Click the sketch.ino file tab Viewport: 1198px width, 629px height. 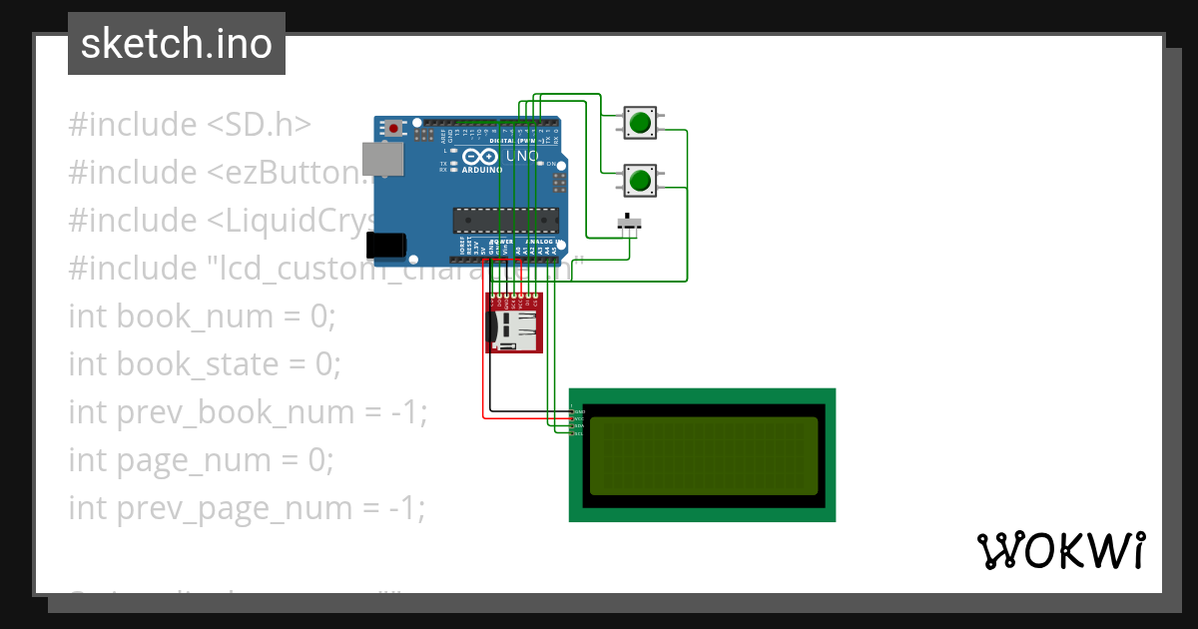(x=176, y=44)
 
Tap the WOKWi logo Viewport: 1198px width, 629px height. (x=1060, y=550)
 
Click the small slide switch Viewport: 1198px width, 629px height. (x=628, y=223)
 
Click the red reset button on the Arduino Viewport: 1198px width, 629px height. (x=395, y=128)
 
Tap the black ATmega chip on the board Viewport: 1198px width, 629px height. (x=498, y=219)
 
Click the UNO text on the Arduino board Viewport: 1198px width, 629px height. (x=522, y=157)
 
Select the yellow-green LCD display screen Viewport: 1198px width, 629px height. (x=703, y=456)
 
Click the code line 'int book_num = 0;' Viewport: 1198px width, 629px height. (x=203, y=316)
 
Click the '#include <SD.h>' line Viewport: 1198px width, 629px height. (x=190, y=125)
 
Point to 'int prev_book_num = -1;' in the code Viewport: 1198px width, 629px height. (x=248, y=412)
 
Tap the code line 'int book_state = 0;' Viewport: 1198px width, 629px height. (x=205, y=364)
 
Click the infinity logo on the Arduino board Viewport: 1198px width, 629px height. (x=479, y=157)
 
